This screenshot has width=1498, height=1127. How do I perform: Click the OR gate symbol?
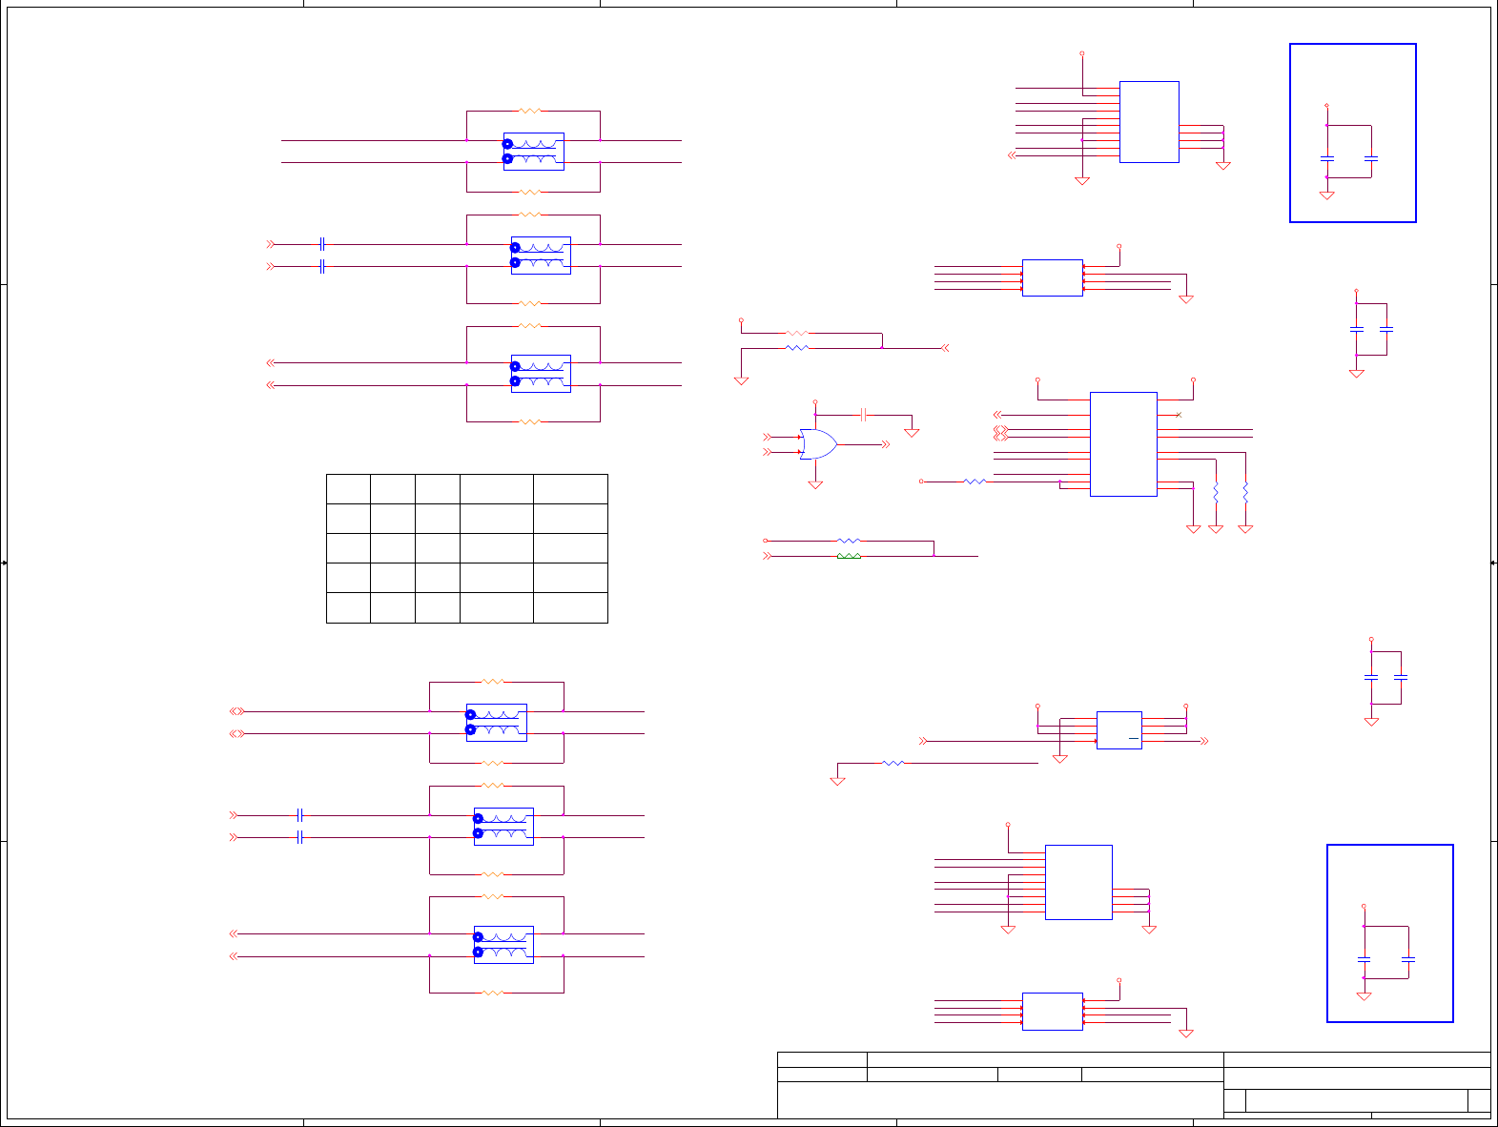click(x=818, y=444)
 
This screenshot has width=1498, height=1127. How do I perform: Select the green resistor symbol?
click(x=849, y=555)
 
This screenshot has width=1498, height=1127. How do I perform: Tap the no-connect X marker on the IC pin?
click(x=1179, y=415)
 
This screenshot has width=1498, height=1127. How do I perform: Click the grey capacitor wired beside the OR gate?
click(x=863, y=415)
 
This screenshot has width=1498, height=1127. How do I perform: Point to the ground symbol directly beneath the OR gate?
click(x=815, y=484)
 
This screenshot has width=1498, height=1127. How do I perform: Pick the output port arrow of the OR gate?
click(x=885, y=444)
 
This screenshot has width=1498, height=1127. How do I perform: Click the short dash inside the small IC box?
click(x=1134, y=739)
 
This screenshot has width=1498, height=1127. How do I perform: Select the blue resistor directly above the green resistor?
click(x=849, y=541)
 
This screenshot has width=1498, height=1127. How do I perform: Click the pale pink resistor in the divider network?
click(x=796, y=333)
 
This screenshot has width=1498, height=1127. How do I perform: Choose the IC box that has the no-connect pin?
click(x=1123, y=444)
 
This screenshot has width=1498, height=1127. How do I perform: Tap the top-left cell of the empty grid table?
click(x=348, y=489)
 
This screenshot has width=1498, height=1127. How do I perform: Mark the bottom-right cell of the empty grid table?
click(x=570, y=607)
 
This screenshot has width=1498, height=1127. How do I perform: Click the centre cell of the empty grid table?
click(x=438, y=548)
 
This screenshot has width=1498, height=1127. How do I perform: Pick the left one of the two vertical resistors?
click(x=1216, y=493)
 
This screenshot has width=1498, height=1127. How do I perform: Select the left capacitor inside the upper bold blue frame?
click(x=1326, y=157)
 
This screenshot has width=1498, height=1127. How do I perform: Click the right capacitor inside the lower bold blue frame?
click(x=1408, y=959)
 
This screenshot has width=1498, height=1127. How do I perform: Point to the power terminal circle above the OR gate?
click(x=815, y=402)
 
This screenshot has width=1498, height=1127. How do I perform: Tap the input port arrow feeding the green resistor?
click(x=767, y=555)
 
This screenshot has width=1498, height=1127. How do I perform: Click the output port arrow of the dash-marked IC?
click(x=1204, y=741)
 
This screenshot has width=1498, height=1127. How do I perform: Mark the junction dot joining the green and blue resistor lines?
click(x=934, y=555)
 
